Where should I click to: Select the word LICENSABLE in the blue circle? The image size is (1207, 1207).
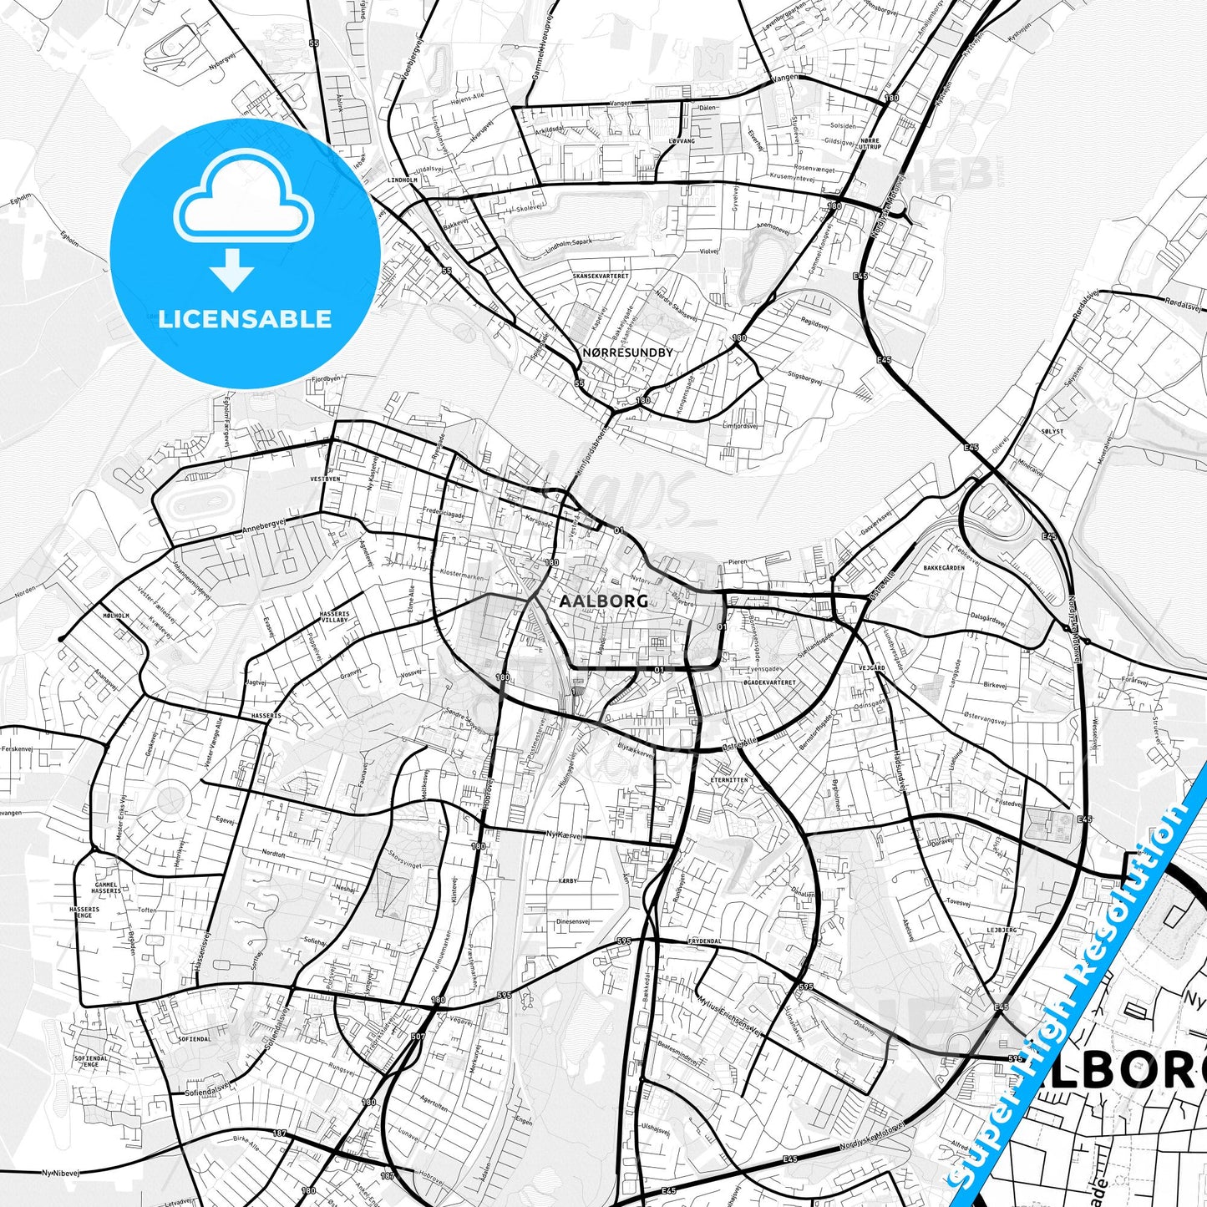pos(245,318)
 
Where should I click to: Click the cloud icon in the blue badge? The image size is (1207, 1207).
pos(244,203)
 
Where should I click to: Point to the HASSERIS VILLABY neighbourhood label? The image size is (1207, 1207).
pos(334,617)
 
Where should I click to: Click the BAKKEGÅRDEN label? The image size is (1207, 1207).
pos(944,568)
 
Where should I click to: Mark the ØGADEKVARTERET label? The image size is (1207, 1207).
pos(769,682)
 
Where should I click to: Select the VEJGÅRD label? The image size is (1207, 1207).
pos(870,668)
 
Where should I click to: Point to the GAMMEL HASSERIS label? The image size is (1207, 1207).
pos(107,888)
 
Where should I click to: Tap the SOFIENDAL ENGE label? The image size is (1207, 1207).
pos(92,1062)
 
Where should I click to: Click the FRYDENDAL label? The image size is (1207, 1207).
pos(704,941)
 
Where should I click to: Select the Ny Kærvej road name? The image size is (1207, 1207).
pos(563,834)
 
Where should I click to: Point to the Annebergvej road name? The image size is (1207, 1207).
pos(263,530)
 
